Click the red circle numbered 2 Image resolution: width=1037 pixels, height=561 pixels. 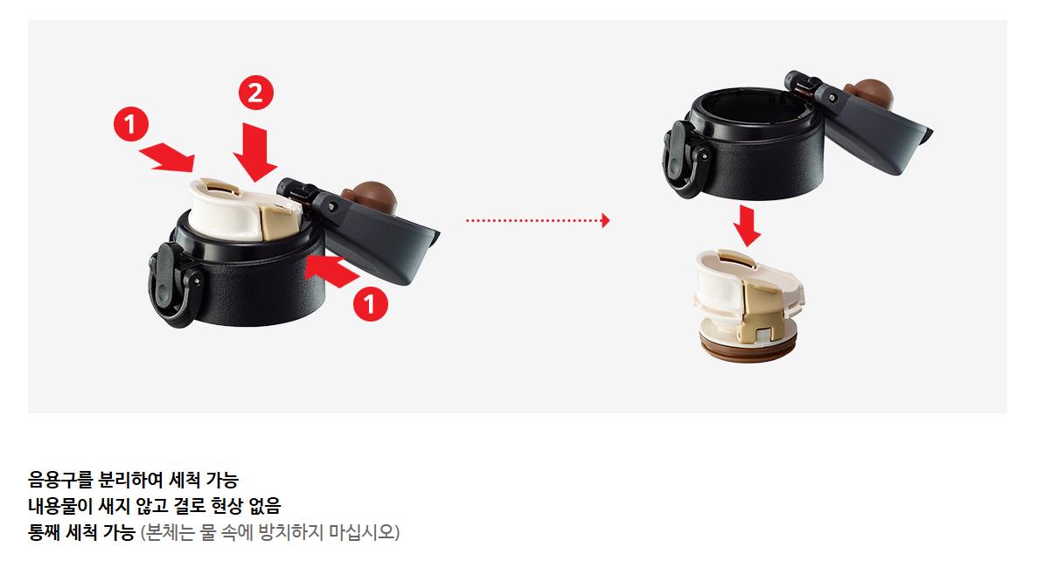click(x=256, y=93)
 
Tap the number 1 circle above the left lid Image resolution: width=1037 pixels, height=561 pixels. click(x=131, y=123)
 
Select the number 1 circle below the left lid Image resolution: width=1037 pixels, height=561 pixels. click(x=371, y=304)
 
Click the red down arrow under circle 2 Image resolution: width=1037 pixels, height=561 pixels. click(x=254, y=152)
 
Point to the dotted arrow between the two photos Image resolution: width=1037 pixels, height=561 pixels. click(x=538, y=220)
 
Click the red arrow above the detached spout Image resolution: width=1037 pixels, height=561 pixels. click(x=747, y=225)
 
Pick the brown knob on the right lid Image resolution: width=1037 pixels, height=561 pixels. click(x=869, y=93)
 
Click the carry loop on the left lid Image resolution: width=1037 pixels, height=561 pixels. click(x=171, y=286)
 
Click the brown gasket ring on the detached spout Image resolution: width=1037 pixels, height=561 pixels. click(x=748, y=349)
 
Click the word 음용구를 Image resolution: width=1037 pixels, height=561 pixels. click(x=60, y=480)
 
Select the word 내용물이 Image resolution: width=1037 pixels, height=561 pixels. click(x=60, y=506)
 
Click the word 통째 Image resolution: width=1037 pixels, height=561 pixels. click(x=44, y=532)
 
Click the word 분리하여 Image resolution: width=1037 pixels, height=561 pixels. click(x=130, y=480)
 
